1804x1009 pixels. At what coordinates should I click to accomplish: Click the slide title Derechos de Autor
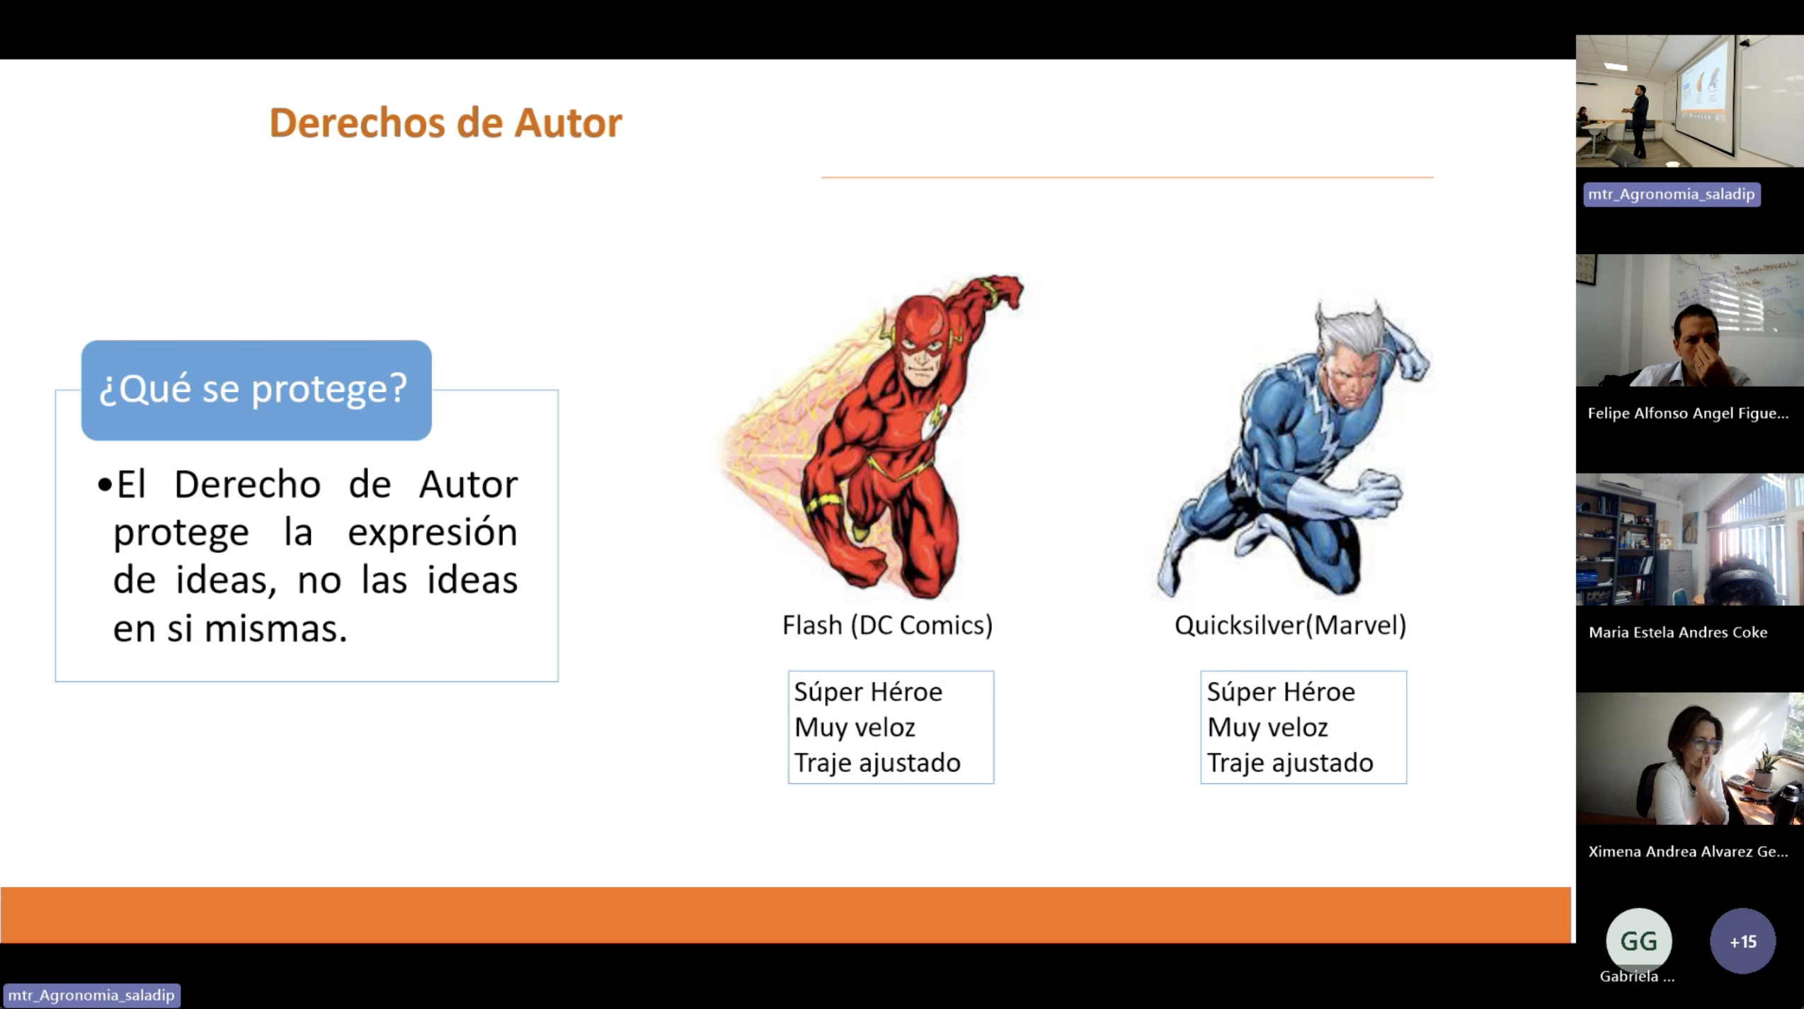tap(445, 123)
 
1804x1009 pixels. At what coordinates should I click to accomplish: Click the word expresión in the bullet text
tap(432, 532)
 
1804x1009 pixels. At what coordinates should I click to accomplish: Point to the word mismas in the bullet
tap(275, 628)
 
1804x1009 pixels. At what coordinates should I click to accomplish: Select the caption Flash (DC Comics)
tap(887, 625)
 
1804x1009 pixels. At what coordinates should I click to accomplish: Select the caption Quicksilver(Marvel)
tap(1290, 625)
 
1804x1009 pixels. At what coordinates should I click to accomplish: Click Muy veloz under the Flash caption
tap(855, 727)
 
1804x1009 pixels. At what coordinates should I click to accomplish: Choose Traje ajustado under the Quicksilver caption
tap(1289, 763)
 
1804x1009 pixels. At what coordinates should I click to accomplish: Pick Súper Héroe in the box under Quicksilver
tap(1281, 692)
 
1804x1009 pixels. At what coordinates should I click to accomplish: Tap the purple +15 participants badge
tap(1742, 941)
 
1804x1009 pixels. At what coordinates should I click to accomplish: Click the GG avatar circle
tap(1638, 941)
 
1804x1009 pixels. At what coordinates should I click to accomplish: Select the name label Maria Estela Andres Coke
tap(1677, 633)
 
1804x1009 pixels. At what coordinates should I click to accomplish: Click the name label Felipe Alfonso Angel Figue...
tap(1687, 413)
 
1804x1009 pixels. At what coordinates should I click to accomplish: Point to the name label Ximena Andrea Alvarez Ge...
tap(1687, 852)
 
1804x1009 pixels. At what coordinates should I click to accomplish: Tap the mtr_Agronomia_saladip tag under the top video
tap(1671, 195)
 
